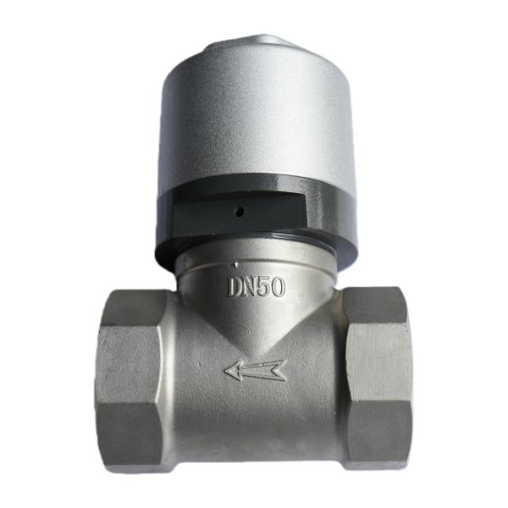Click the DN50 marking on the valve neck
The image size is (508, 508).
click(x=256, y=286)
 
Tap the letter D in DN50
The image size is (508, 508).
click(x=235, y=287)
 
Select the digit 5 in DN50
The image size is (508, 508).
click(x=265, y=286)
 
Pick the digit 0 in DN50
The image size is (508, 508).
click(x=278, y=286)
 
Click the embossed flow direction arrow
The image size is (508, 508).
click(x=256, y=370)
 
